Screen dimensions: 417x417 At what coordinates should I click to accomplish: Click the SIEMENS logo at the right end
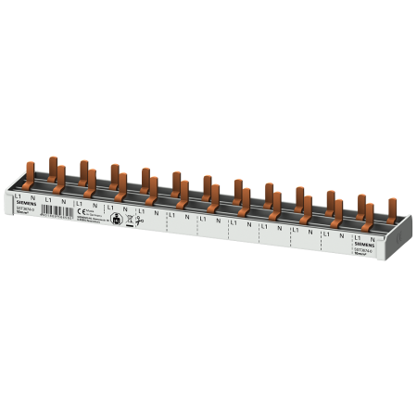(x=363, y=246)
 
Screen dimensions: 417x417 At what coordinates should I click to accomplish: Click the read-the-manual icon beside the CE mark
(x=114, y=219)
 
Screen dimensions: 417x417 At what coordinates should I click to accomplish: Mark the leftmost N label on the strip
(x=33, y=198)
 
